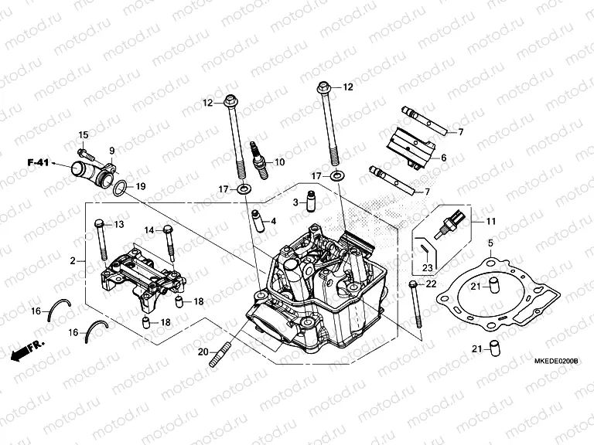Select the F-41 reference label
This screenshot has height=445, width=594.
38,163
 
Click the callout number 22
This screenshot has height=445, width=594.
432,286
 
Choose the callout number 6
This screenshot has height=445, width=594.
444,158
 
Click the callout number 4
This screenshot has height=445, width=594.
272,221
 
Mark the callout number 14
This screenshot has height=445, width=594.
148,229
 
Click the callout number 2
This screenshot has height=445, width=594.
72,262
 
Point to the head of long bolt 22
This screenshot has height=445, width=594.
415,287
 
